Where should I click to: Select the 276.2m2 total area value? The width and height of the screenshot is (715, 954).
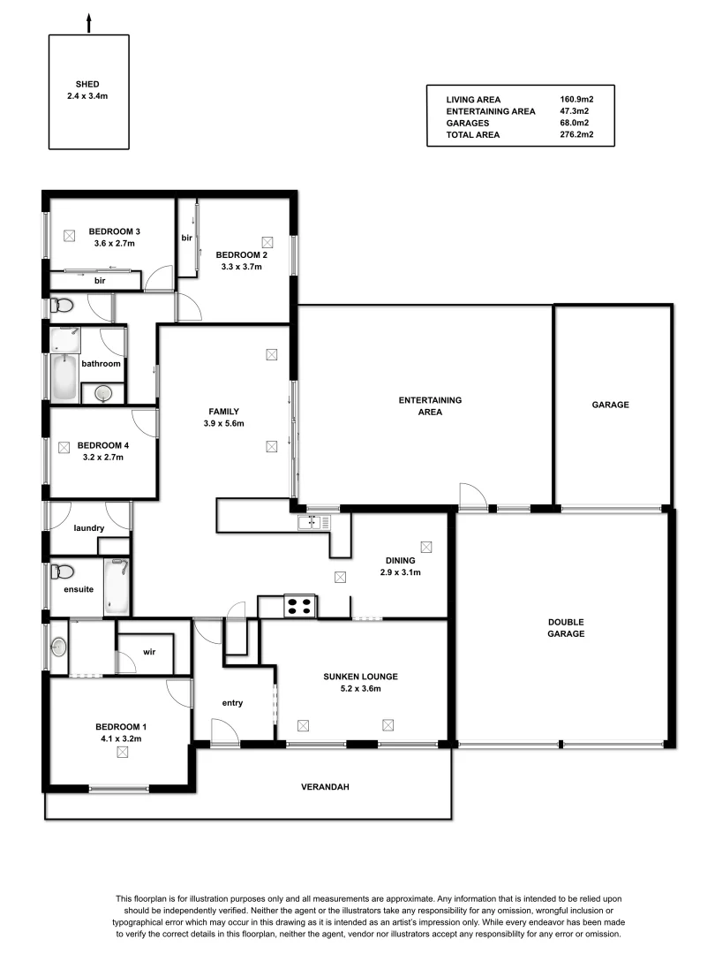point(575,135)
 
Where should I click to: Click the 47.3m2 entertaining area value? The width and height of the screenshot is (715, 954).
point(575,111)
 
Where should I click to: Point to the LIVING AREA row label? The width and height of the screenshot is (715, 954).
point(473,100)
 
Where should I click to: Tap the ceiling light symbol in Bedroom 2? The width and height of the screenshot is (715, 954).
point(267,241)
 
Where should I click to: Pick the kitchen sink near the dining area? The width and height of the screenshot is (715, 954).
point(312,523)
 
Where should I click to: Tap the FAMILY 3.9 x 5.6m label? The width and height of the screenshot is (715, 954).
point(224,417)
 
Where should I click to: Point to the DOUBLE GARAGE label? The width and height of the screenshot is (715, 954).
point(565,627)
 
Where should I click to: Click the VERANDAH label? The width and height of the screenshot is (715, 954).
point(320,786)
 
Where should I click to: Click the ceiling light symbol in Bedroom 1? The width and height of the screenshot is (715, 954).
point(122,752)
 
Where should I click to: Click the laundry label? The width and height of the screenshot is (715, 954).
point(89,528)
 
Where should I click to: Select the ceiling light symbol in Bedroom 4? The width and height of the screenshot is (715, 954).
point(64,448)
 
